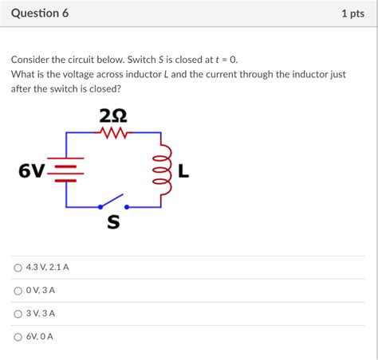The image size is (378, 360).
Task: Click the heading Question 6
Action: coord(39,14)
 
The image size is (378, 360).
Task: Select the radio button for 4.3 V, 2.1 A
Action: coord(18,268)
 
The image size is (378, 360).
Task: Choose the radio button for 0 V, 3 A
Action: coord(18,291)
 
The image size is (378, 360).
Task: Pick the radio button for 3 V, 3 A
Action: coord(18,314)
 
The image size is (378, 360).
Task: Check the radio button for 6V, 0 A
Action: coord(18,337)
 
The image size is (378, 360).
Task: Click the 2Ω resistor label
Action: coord(112,117)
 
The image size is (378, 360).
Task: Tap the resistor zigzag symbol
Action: coord(113,134)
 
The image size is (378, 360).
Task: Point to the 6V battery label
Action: coord(31,171)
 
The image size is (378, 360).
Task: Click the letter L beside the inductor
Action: coord(183,170)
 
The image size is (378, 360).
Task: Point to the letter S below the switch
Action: coord(113,223)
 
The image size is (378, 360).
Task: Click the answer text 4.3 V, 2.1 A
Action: coord(47,268)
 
